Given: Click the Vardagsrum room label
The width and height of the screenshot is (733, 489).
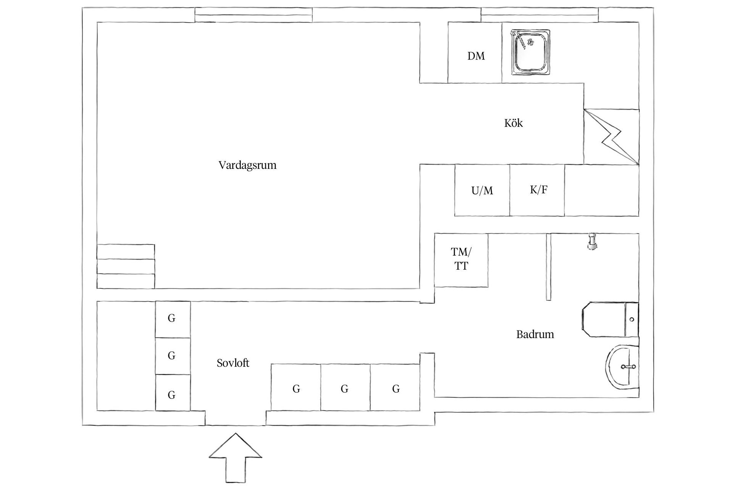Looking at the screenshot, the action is [x=247, y=165].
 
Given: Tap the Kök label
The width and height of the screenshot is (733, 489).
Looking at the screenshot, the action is [x=513, y=123].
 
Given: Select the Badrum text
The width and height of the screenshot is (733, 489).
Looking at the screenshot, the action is [x=535, y=334].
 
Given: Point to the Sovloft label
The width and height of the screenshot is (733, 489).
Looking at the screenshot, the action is [x=233, y=363].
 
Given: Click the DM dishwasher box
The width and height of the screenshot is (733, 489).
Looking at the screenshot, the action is [x=475, y=52].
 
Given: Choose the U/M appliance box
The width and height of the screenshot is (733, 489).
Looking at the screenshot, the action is [x=482, y=190].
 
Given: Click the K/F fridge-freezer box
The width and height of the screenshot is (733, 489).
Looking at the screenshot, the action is [x=537, y=190].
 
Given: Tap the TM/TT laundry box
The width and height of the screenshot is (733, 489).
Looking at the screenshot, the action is [x=461, y=260].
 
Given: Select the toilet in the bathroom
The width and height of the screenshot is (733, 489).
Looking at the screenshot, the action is [x=610, y=319].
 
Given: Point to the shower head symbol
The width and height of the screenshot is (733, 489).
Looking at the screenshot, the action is [x=592, y=241].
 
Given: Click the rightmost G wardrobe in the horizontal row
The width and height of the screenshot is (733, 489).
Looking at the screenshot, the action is [x=395, y=387].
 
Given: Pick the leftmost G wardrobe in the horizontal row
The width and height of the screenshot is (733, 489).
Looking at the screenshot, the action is [x=296, y=387].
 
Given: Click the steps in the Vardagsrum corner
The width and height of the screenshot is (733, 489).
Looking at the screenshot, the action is [x=126, y=266].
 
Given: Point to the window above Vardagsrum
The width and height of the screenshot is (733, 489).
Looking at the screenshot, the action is [x=253, y=15].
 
